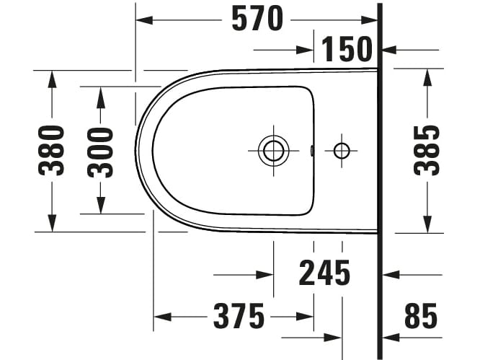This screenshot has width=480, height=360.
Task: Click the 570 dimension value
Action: (257, 19)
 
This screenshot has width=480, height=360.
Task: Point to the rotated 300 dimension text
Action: (100, 151)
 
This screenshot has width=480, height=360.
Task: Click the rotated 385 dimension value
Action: (427, 151)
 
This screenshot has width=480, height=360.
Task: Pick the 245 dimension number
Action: (324, 273)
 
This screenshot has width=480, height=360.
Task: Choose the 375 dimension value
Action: (239, 316)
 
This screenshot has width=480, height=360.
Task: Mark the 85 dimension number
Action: (420, 316)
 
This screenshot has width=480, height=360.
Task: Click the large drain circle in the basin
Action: (272, 150)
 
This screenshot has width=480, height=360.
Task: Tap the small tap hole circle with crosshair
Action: (341, 150)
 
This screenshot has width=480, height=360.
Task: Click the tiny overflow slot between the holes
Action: (311, 151)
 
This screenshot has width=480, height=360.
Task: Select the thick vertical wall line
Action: (380, 180)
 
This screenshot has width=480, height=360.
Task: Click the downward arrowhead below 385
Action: (427, 226)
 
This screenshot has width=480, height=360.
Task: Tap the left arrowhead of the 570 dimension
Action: (143, 19)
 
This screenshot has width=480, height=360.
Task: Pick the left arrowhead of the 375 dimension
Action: (161, 317)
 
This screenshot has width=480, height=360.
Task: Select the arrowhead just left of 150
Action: (308, 50)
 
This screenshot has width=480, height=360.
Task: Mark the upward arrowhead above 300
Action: (100, 92)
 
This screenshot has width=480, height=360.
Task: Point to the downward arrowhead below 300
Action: (100, 207)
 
